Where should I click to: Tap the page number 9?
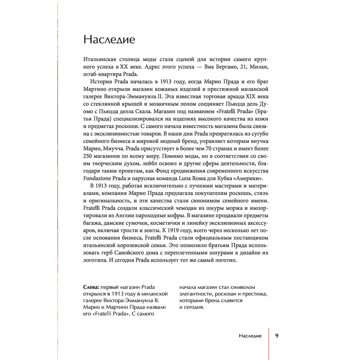pyautogui.click(x=276, y=336)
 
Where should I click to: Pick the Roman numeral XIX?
pyautogui.click(x=251, y=98)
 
